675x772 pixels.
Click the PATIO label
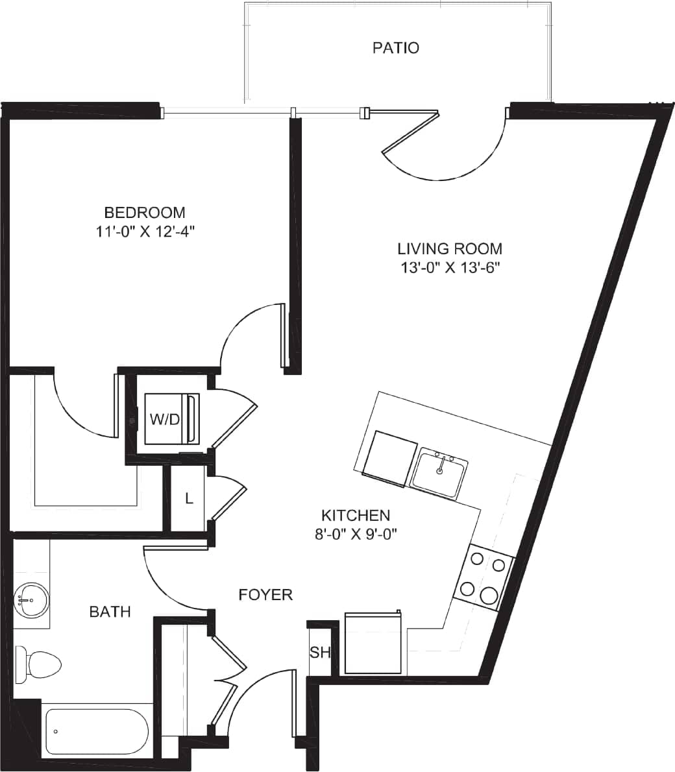(x=395, y=48)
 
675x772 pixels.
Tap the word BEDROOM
(x=145, y=213)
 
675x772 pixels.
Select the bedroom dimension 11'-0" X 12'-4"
(x=145, y=232)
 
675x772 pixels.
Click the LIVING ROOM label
(x=450, y=248)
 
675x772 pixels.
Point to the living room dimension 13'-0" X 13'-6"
(x=450, y=267)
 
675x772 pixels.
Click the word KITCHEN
(x=356, y=516)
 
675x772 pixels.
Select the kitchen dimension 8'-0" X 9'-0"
(x=356, y=534)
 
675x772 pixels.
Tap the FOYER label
(x=265, y=595)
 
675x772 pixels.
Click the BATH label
(x=110, y=611)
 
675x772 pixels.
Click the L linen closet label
(x=189, y=499)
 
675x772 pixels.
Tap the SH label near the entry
(x=320, y=653)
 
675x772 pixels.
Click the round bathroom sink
(x=30, y=601)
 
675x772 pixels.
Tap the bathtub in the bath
(x=97, y=732)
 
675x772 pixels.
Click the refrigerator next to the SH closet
(x=374, y=644)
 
